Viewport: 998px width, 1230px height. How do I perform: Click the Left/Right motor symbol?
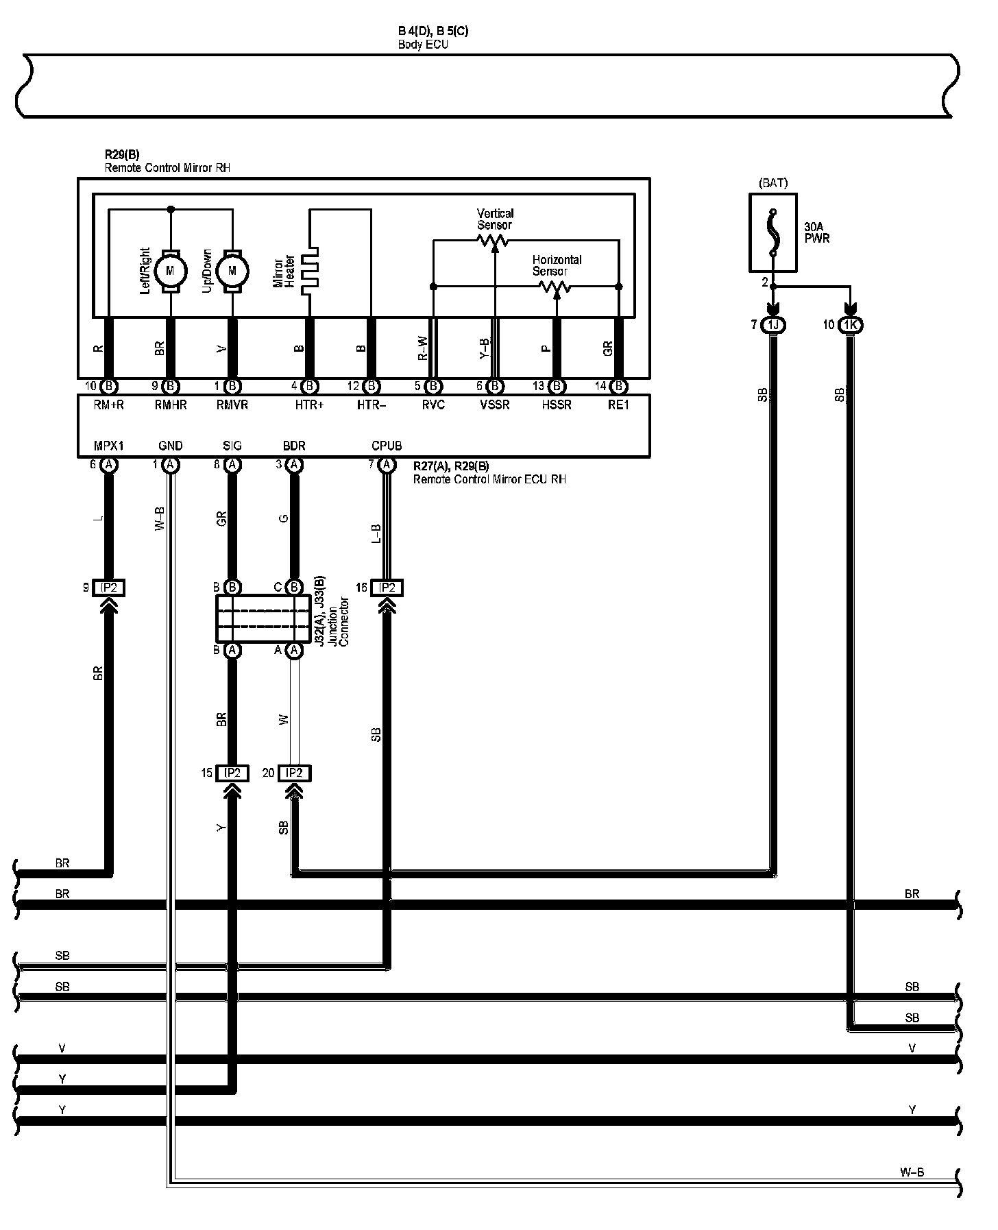[x=170, y=271]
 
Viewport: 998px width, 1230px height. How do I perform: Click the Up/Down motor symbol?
[x=232, y=271]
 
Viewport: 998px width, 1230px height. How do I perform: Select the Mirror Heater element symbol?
[x=312, y=271]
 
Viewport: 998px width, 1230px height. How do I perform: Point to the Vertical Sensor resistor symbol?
[x=494, y=240]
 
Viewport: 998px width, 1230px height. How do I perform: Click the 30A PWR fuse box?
[x=772, y=232]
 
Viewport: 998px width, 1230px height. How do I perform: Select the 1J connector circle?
[x=774, y=325]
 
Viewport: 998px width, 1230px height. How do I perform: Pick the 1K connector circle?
[x=851, y=325]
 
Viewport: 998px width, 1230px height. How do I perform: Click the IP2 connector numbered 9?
[x=108, y=588]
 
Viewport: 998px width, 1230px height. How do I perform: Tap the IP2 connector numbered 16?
[x=387, y=588]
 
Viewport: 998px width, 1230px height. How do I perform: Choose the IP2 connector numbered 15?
[x=232, y=773]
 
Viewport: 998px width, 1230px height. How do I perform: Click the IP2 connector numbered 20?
[x=294, y=773]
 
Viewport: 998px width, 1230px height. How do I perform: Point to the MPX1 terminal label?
[x=108, y=446]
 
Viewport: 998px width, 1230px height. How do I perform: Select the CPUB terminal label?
[x=387, y=446]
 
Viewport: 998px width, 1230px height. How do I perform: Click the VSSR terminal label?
[x=494, y=405]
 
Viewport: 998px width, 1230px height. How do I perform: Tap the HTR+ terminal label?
[x=309, y=405]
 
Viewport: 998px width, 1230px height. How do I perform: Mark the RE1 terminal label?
[x=618, y=405]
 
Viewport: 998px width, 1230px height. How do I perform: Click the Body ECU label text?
[x=423, y=45]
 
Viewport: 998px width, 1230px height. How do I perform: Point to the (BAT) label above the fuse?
[x=773, y=183]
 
